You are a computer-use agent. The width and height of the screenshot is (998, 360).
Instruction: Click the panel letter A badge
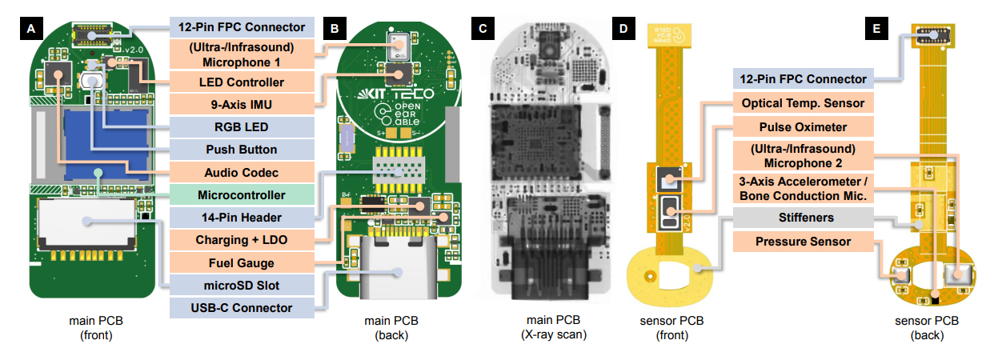tap(30, 30)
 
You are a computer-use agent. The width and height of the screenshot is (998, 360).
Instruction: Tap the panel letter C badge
tap(481, 30)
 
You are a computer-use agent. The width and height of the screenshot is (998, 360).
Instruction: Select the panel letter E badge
tap(878, 30)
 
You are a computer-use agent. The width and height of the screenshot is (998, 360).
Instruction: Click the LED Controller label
tap(241, 82)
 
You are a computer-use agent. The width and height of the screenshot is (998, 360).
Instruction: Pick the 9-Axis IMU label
tap(241, 104)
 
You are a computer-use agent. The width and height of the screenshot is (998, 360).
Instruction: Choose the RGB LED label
tap(241, 126)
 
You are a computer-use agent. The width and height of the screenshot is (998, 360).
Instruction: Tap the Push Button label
tap(241, 149)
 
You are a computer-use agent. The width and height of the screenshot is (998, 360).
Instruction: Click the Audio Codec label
tap(241, 171)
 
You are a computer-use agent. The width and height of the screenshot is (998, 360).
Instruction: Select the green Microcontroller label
tap(241, 194)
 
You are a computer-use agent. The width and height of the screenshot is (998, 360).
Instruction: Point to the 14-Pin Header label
tap(241, 217)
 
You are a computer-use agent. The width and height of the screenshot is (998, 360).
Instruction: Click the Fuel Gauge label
tap(241, 262)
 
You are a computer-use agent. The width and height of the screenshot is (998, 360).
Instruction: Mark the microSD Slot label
tap(241, 285)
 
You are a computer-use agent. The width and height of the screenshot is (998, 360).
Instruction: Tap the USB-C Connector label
tap(241, 308)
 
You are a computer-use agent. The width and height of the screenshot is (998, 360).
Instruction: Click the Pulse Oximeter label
tap(804, 126)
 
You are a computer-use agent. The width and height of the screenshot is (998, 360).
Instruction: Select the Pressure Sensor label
tap(804, 241)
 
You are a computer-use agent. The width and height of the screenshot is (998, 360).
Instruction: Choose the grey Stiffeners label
tap(804, 217)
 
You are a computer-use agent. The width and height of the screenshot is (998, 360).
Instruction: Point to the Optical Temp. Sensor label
tap(804, 103)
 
